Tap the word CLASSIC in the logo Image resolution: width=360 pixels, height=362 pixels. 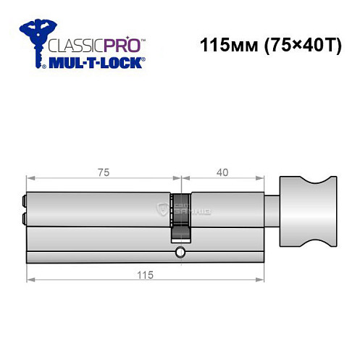[x=72, y=43]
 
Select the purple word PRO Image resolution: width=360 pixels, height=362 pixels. [x=120, y=43]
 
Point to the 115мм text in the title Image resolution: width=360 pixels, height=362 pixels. [x=223, y=45]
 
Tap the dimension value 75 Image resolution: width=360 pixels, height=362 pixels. [x=104, y=172]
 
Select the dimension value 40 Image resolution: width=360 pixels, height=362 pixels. [x=222, y=172]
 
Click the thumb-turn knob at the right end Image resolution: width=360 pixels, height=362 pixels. [x=304, y=212]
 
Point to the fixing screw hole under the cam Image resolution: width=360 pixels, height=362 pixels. [x=179, y=253]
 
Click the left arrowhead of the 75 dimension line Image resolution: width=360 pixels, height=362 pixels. [x=29, y=177]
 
